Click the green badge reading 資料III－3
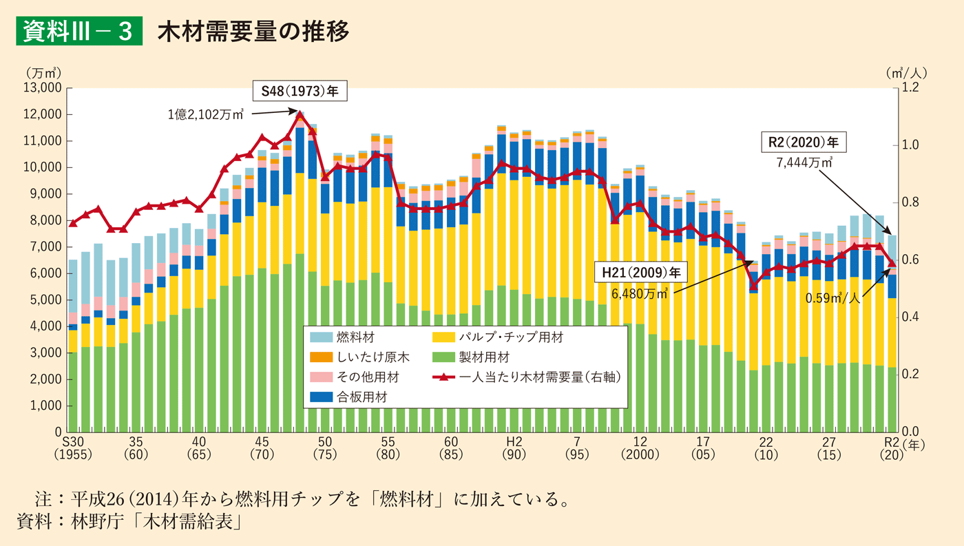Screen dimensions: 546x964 [78, 31]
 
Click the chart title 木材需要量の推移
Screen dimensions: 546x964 [253, 31]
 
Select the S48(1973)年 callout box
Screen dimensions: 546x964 [300, 91]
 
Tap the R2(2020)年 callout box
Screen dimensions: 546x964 [803, 143]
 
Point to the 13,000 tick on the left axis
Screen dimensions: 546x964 [43, 88]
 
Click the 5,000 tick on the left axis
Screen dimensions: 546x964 [46, 300]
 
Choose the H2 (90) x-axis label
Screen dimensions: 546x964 [514, 448]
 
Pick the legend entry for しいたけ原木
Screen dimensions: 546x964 [359, 357]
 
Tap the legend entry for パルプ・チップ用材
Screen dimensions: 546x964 [497, 337]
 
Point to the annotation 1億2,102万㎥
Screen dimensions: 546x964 [205, 115]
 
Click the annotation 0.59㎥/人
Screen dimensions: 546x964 [832, 299]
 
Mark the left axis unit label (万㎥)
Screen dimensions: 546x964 [43, 72]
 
